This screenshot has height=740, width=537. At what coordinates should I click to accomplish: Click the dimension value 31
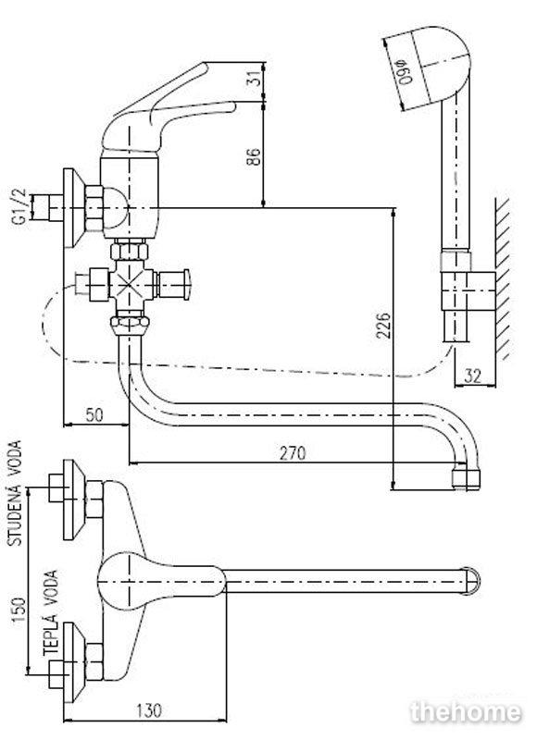(255, 78)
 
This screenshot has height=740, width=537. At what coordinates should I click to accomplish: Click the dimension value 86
(254, 156)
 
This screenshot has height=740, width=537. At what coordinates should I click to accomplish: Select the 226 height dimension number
(383, 325)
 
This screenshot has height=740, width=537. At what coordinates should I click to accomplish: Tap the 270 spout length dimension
(293, 453)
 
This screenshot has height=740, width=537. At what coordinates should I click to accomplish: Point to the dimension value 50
(94, 414)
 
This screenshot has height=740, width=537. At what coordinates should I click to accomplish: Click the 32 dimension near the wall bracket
(473, 376)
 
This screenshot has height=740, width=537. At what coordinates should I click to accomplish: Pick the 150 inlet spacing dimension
(18, 610)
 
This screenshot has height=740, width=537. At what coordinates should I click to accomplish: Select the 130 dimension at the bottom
(149, 709)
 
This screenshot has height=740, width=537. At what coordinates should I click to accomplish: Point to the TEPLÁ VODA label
(51, 612)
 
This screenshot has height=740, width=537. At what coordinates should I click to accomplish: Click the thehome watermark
(466, 712)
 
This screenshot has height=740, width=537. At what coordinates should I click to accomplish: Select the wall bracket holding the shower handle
(468, 291)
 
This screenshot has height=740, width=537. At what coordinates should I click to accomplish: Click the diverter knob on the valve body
(175, 285)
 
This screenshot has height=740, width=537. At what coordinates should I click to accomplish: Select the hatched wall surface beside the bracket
(504, 278)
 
